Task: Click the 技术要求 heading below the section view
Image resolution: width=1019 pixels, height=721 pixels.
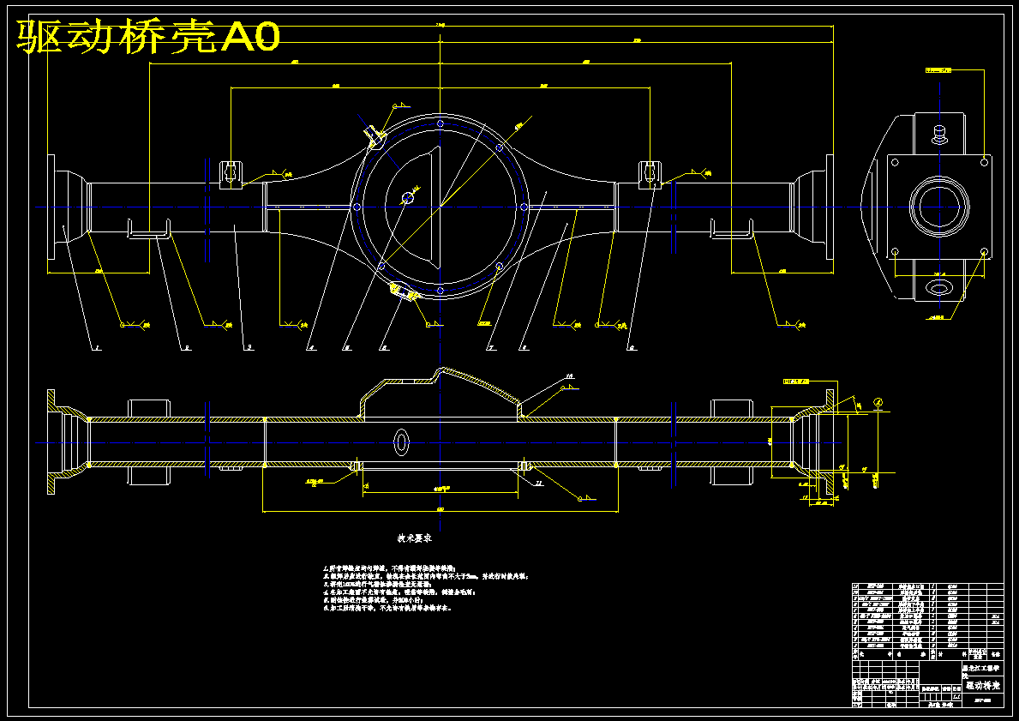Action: coord(413,539)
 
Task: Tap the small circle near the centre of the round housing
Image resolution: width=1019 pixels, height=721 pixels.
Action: coord(408,198)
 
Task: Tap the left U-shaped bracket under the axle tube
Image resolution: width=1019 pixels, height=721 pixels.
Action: coord(148,230)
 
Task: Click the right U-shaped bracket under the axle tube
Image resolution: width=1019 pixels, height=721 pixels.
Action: coord(731,230)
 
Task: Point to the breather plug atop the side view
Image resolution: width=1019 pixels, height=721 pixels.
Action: coord(939,134)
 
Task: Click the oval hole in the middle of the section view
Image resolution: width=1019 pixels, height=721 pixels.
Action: coord(401,442)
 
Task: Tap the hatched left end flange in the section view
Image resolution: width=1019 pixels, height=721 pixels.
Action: coord(54,442)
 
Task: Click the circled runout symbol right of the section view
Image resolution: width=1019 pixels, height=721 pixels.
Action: coord(878,402)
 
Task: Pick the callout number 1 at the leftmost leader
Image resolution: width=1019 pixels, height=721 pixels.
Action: coord(98,348)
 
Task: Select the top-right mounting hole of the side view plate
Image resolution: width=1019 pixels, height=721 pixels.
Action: coord(982,159)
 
